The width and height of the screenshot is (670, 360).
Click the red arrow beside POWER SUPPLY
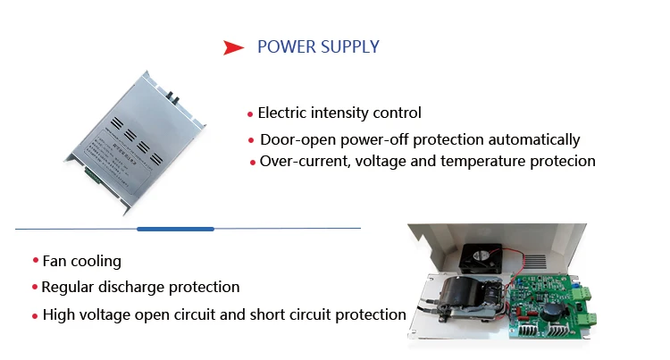pos(234,47)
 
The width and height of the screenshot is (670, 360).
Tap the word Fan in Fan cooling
pos(55,262)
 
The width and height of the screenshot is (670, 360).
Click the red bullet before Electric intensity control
pos(250,114)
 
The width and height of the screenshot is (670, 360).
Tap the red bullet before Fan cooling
pos(36,261)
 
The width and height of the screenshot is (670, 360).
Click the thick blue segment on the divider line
pos(175,230)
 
